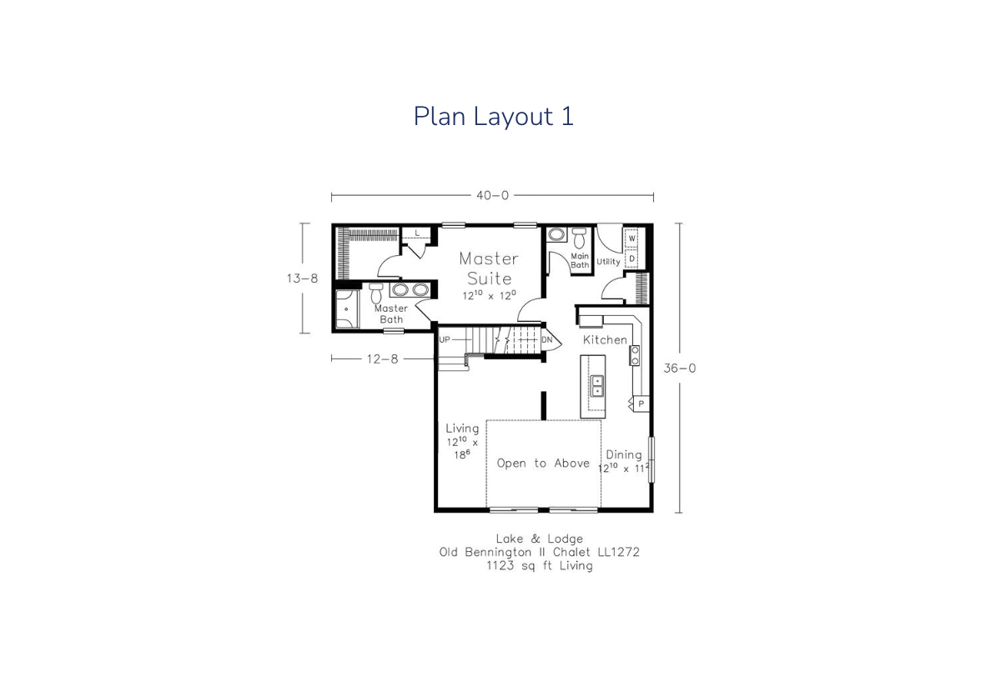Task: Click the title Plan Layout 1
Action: (x=493, y=117)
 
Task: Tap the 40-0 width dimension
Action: (x=492, y=196)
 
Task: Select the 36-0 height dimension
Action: (x=680, y=369)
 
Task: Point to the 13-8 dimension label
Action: (x=302, y=278)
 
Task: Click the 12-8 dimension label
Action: (x=382, y=359)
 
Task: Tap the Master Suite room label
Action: (x=490, y=268)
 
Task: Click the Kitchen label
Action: (x=605, y=340)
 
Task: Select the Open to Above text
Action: (x=543, y=464)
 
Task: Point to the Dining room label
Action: (x=624, y=454)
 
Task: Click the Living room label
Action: (x=462, y=429)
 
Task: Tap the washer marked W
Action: (x=631, y=238)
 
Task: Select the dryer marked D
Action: (x=631, y=258)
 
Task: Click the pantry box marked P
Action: (x=641, y=404)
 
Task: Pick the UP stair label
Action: (x=445, y=339)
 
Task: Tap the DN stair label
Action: (x=547, y=339)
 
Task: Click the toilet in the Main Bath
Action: (x=579, y=238)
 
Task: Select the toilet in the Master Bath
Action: (x=376, y=293)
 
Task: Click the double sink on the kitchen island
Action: (x=597, y=386)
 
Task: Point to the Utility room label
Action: (x=608, y=262)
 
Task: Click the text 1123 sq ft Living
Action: (x=540, y=566)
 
